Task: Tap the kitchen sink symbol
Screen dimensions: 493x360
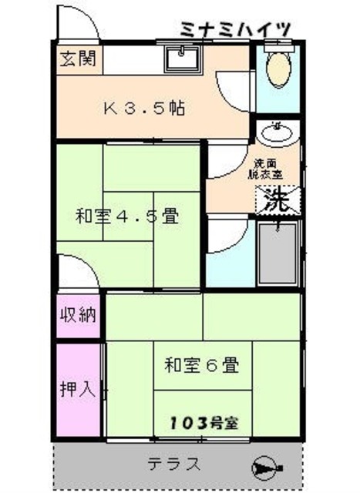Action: (x=182, y=58)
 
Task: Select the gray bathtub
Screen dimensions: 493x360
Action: (x=279, y=254)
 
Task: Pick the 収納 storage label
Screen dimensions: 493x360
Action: (x=79, y=317)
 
